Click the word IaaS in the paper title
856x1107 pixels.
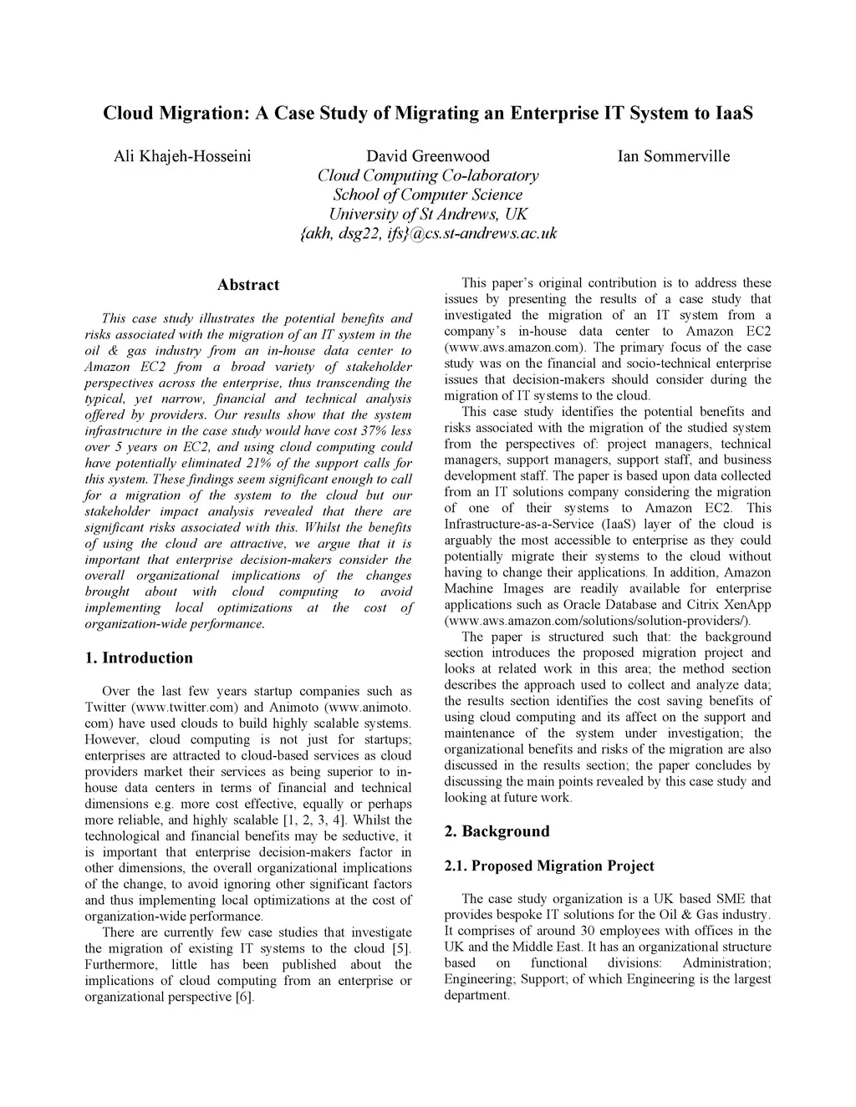[735, 113]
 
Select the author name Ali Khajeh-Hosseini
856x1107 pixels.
[181, 156]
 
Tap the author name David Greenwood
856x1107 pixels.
[428, 156]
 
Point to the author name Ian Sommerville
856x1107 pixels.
[674, 156]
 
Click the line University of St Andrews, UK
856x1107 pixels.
[428, 214]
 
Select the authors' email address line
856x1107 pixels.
[428, 234]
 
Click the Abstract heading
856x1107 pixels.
[248, 285]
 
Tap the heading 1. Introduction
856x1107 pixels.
[139, 658]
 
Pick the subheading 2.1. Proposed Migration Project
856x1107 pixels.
[549, 866]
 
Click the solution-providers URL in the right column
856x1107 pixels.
[598, 621]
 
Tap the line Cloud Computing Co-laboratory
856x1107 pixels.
[428, 175]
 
